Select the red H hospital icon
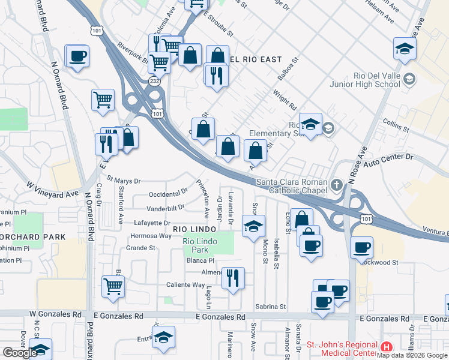(x=387, y=347)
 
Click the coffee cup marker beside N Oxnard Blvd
(x=77, y=57)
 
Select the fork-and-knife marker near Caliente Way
(x=233, y=278)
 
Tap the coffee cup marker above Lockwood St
(x=361, y=247)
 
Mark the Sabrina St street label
(x=270, y=307)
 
